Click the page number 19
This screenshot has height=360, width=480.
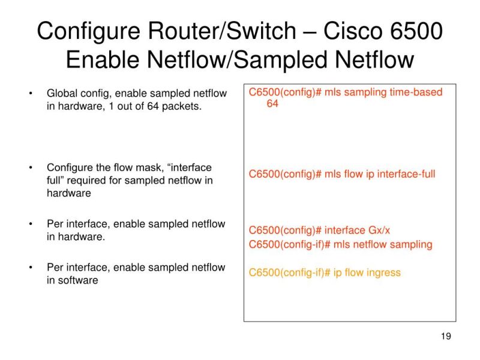pos(445,336)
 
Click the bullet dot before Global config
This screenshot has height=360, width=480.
pos(30,94)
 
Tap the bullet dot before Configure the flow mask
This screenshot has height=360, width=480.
pos(30,167)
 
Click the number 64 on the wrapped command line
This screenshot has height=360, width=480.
pos(273,104)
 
